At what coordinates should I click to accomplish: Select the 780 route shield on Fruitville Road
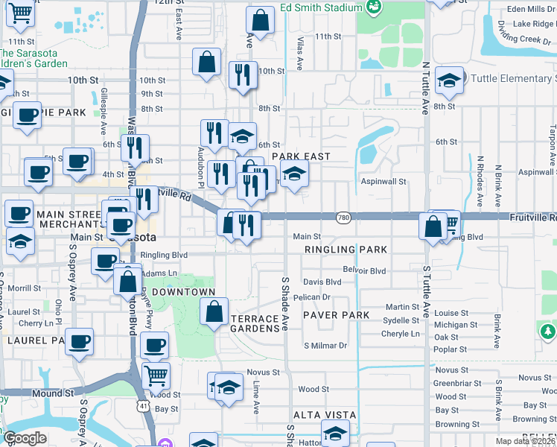[343, 217]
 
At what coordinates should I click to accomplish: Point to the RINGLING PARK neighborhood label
[345, 250]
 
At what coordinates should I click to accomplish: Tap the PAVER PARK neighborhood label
[336, 315]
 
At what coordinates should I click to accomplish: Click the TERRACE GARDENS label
[258, 323]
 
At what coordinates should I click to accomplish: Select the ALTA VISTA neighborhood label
[325, 415]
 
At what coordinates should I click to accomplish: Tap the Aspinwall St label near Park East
[383, 181]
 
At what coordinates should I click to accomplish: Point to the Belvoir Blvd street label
[364, 270]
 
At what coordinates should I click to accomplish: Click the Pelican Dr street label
[311, 297]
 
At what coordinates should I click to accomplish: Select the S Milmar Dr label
[325, 346]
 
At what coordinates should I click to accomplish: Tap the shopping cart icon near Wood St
[156, 375]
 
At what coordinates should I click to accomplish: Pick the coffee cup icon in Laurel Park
[79, 341]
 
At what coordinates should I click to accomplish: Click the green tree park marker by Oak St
[547, 330]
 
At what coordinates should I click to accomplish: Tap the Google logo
[25, 438]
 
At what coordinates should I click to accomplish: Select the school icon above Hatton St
[335, 433]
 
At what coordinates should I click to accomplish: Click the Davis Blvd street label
[322, 282]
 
